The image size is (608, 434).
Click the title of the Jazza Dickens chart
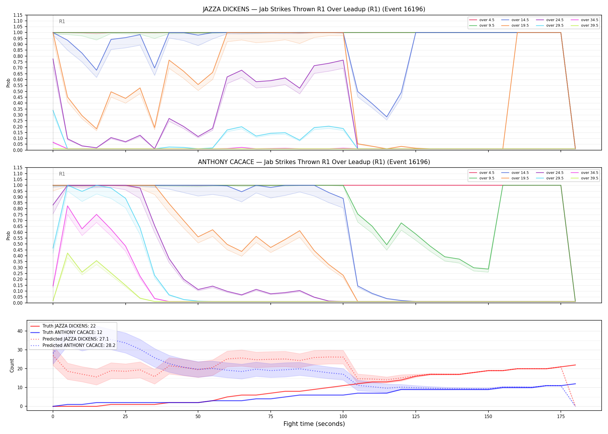click(x=314, y=9)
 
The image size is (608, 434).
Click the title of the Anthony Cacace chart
click(x=314, y=162)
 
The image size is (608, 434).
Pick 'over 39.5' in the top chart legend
click(x=589, y=25)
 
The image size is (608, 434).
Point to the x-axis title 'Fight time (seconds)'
click(x=314, y=424)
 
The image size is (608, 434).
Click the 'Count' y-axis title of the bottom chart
click(x=12, y=365)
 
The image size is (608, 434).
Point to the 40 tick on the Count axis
click(x=20, y=331)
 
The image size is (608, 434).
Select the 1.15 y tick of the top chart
click(x=18, y=15)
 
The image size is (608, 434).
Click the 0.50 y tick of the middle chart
click(x=18, y=244)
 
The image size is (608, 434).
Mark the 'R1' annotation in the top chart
click(x=62, y=21)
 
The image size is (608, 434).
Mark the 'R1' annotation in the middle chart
click(x=62, y=174)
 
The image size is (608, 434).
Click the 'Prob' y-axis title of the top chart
click(x=8, y=83)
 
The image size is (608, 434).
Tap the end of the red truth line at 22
click(x=575, y=365)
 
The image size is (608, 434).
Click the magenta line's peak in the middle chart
click(x=67, y=206)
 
